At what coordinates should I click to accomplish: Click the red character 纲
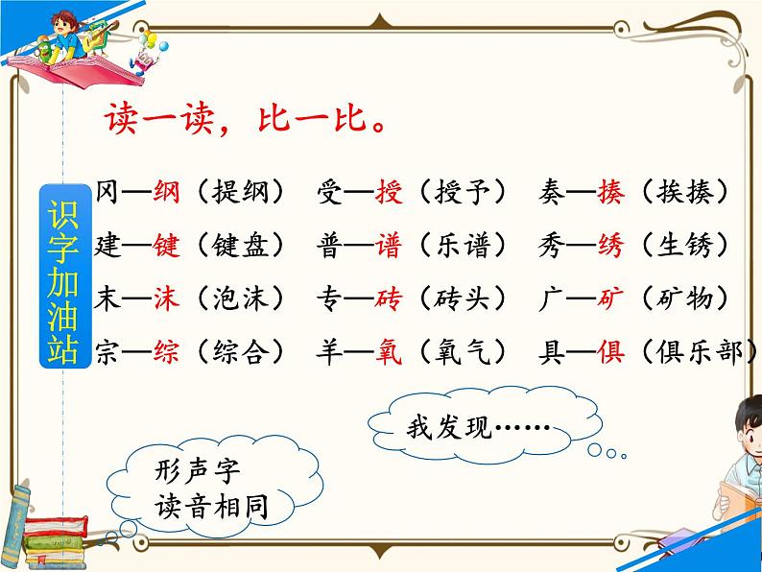point(166,192)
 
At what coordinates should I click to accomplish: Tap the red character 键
point(166,246)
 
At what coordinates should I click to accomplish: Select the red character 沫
point(166,298)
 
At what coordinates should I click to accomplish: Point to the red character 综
point(166,352)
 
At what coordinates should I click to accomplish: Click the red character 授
point(388,192)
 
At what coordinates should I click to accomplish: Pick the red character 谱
point(388,246)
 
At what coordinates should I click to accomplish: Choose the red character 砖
point(388,298)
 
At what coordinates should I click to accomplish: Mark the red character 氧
point(388,352)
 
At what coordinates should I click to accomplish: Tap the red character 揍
point(610,192)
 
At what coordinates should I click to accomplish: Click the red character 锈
point(610,246)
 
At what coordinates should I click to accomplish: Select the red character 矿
point(610,298)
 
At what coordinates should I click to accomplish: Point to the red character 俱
point(610,352)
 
